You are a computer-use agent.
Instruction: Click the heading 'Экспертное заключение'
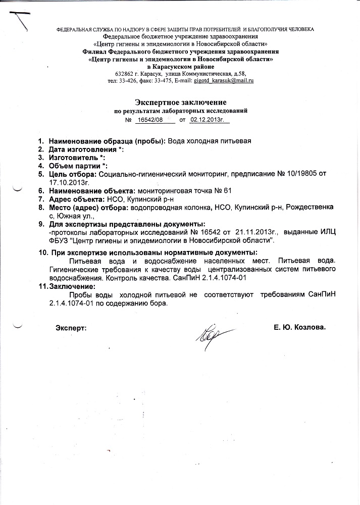pyautogui.click(x=180, y=102)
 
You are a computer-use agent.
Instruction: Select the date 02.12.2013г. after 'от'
pyautogui.click(x=208, y=120)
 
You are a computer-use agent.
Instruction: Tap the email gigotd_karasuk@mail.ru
pyautogui.click(x=226, y=80)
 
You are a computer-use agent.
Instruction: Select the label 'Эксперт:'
pyautogui.click(x=71, y=327)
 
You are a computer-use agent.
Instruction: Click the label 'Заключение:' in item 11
pyautogui.click(x=73, y=286)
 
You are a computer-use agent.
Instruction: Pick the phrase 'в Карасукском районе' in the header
pyautogui.click(x=180, y=67)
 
